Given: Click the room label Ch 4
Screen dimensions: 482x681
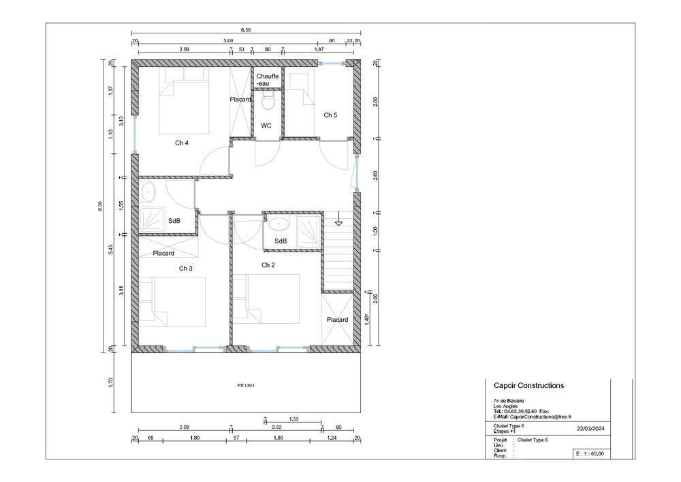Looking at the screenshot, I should pos(181,142).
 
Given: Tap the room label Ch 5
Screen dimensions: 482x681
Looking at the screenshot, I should pos(330,115).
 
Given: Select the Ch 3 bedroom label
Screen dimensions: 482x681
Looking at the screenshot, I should pos(185,269).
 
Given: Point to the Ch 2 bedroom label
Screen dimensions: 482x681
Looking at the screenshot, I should pos(268,265).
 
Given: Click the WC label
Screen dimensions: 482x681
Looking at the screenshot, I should pos(266,125).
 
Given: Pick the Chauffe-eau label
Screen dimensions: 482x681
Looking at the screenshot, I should pos(267,80).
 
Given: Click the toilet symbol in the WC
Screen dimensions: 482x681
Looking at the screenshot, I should pos(267,103).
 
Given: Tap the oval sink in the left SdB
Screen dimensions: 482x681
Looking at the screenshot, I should pos(148,192).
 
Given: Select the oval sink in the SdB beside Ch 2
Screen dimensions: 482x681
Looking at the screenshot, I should pos(279,224).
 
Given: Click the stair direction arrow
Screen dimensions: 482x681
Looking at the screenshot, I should pos(338,221).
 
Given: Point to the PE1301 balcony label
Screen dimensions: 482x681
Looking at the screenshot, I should pos(246,385).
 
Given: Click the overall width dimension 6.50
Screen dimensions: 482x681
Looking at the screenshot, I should pos(246,30).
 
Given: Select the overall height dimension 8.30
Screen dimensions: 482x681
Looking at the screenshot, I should pos(101,205).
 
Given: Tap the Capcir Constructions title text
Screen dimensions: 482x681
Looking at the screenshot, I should pos(528,385).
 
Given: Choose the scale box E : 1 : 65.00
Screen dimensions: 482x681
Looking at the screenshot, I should pos(589,453).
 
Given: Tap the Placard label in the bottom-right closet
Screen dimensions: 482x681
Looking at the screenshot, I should pos(337,320).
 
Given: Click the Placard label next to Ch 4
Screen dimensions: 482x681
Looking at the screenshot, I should pos(240,100).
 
